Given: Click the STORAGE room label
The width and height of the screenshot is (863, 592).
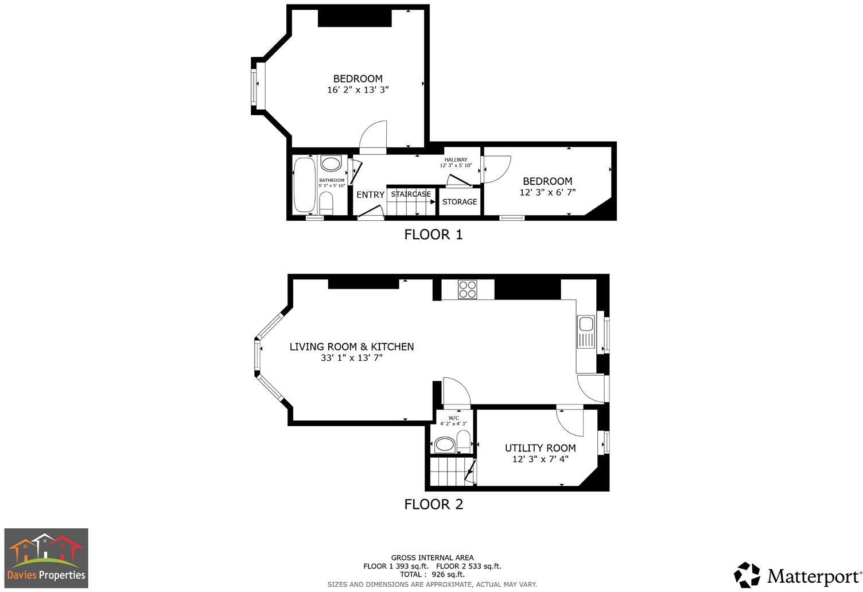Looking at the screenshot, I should click(459, 202).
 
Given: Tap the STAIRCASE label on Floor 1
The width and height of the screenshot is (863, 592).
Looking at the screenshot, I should click(411, 194).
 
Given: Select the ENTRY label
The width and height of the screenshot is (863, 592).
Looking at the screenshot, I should click(370, 195).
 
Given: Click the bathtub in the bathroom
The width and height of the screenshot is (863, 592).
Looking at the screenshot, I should click(304, 185).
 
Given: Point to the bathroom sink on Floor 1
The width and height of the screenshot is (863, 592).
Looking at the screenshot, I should click(331, 164).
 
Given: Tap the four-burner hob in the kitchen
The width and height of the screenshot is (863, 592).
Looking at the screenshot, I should click(468, 289).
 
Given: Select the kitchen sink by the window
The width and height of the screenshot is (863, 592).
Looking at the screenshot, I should click(586, 331).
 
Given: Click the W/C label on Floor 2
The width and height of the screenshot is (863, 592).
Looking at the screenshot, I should click(453, 418).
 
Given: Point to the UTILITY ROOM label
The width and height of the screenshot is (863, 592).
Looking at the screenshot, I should click(540, 448).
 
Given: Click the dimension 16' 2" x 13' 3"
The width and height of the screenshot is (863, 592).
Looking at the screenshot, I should click(358, 90).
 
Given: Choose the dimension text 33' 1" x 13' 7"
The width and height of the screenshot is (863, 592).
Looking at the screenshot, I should click(351, 358).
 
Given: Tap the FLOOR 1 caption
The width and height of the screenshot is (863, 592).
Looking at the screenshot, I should click(433, 235).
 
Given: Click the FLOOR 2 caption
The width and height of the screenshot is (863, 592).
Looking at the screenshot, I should click(433, 504).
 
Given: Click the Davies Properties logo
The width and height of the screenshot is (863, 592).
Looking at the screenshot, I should click(46, 558).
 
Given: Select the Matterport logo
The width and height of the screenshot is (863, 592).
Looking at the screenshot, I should click(798, 575).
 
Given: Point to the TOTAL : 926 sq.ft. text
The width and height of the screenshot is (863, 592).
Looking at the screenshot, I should click(432, 574).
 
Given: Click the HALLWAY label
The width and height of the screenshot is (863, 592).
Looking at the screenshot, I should click(456, 159).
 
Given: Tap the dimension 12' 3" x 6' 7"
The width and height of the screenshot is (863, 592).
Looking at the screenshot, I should click(547, 193).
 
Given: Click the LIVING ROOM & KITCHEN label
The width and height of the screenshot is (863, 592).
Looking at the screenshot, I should click(351, 346).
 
